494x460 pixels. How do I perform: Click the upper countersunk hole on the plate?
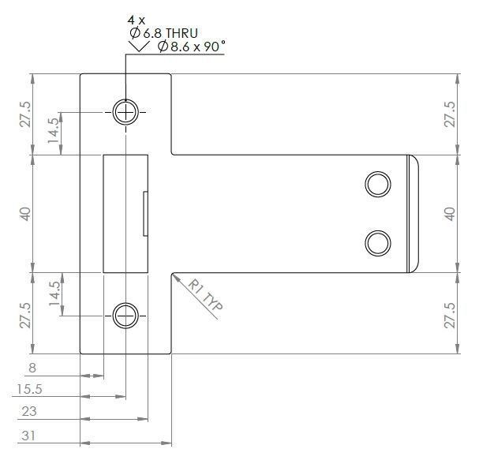tap(125, 113)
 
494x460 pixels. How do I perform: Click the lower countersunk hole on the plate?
tap(125, 316)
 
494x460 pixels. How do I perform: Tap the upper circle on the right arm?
tap(377, 184)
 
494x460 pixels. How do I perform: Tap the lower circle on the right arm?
tap(377, 243)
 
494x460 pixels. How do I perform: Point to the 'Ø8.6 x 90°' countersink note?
tap(190, 47)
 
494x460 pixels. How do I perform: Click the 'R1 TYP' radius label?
tap(207, 301)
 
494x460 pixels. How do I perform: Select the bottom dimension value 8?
tap(32, 368)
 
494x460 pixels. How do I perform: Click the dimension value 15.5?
tap(29, 390)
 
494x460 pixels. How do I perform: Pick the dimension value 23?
tap(29, 411)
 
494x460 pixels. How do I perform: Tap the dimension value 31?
tap(29, 433)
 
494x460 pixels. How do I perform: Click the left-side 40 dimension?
tap(25, 214)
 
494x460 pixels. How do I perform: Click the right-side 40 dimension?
tap(450, 214)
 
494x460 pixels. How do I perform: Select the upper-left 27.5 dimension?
tap(25, 114)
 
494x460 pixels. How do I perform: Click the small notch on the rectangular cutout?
tap(145, 213)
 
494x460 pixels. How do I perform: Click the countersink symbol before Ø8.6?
tap(140, 47)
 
